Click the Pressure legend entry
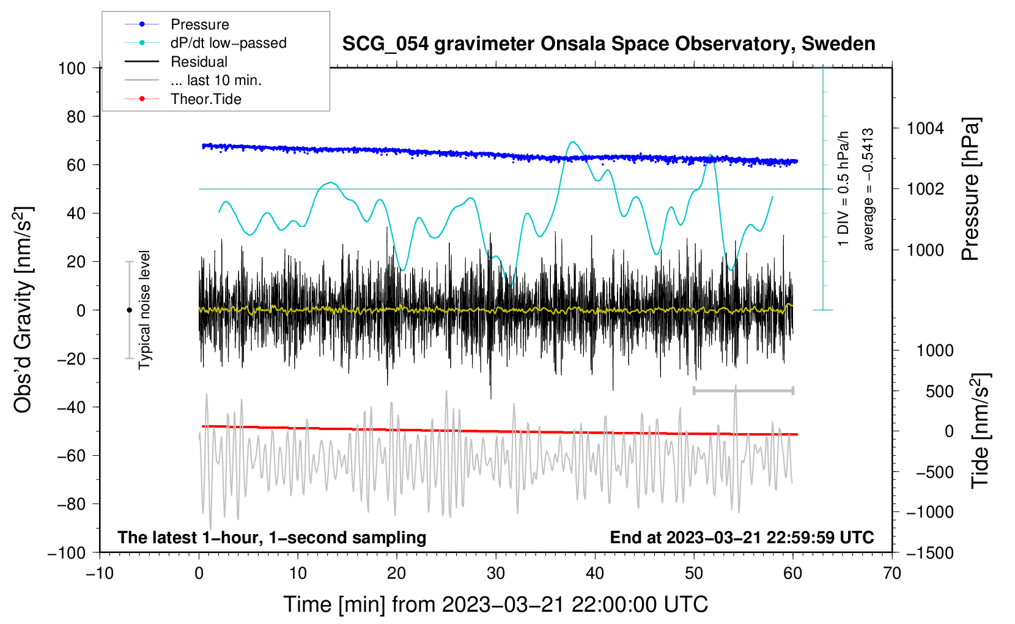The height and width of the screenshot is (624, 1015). pos(199,24)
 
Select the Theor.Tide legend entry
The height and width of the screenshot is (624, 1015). pos(205,99)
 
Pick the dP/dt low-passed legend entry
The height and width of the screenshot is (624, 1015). pos(228,43)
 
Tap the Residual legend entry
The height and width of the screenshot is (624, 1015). pos(199,62)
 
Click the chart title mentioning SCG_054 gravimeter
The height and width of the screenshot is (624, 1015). pos(608,44)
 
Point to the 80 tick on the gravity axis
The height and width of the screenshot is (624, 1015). pos(76,116)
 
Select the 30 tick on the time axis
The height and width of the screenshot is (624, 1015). pos(496,573)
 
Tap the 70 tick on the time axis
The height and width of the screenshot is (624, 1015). pos(892,573)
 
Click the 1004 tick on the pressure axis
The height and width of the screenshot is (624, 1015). pos(925,128)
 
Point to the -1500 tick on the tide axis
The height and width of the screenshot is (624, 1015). pos(929,552)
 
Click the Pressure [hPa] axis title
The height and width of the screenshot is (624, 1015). pos(970,190)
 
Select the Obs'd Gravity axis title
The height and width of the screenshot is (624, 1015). pos(23,310)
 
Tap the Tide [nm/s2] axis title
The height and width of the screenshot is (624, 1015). pos(980,431)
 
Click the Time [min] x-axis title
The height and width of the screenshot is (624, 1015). pos(496,604)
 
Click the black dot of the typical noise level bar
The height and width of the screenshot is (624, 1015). pos(129,310)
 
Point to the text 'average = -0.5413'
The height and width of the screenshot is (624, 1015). pos(868,190)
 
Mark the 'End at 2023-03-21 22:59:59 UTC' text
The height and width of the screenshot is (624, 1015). pos(742,538)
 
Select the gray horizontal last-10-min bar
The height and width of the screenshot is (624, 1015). pos(743,390)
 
